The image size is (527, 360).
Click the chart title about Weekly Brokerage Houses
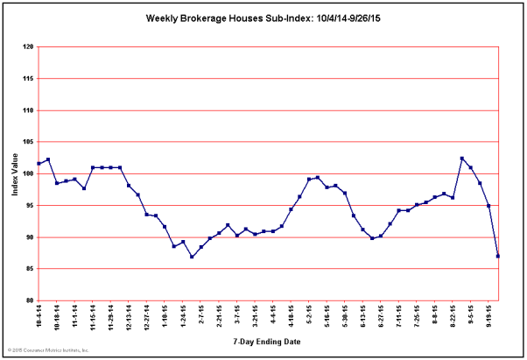pyautogui.click(x=263, y=18)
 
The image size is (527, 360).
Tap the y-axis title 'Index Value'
pyautogui.click(x=15, y=174)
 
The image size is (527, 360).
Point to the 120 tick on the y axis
pyautogui.click(x=28, y=47)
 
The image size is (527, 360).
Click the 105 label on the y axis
pyautogui.click(x=28, y=142)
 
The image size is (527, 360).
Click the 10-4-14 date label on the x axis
pyautogui.click(x=39, y=316)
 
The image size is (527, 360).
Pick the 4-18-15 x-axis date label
pyautogui.click(x=291, y=316)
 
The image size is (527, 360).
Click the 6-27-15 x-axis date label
pyautogui.click(x=381, y=316)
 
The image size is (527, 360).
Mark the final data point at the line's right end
pyautogui.click(x=498, y=256)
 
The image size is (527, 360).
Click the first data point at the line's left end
pyautogui.click(x=39, y=164)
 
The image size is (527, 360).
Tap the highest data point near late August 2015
pyautogui.click(x=462, y=159)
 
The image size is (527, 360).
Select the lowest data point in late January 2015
pyautogui.click(x=192, y=257)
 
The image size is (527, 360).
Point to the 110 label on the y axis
pyautogui.click(x=28, y=110)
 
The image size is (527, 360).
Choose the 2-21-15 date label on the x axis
pyautogui.click(x=219, y=316)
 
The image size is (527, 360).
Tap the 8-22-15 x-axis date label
pyautogui.click(x=453, y=316)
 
